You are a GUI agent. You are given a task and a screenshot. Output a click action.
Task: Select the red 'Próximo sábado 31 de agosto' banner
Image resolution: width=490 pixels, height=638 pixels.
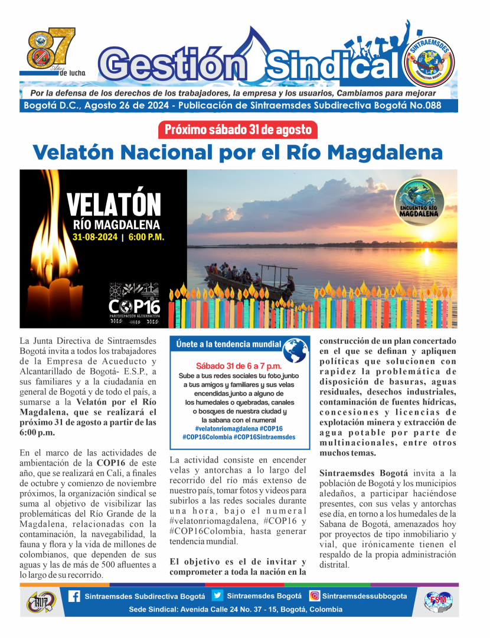[238, 130]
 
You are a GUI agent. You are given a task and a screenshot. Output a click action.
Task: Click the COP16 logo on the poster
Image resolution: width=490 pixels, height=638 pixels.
[134, 302]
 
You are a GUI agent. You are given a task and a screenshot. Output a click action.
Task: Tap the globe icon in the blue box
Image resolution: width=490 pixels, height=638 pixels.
[295, 350]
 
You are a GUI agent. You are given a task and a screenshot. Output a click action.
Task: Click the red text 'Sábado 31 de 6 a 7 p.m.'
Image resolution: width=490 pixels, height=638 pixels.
[239, 366]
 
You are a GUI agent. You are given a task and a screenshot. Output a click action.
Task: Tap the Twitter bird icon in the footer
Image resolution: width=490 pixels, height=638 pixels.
[217, 596]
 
